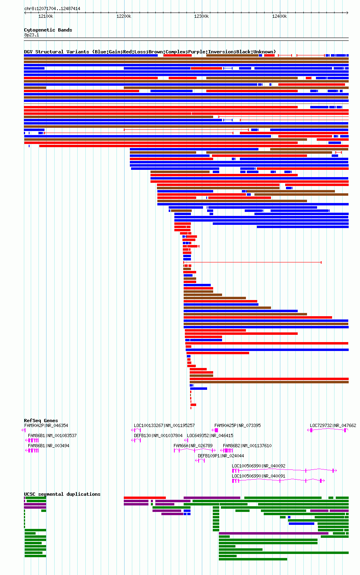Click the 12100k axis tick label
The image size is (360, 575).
[46, 17]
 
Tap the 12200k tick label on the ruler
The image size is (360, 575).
[124, 17]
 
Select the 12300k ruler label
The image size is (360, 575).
[201, 17]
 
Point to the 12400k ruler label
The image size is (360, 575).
[280, 17]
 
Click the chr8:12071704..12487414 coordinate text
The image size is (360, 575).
[52, 9]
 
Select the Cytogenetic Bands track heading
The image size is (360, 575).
[48, 30]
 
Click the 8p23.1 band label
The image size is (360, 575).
[32, 35]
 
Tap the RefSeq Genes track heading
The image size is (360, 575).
[41, 421]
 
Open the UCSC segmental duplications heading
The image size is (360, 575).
[62, 494]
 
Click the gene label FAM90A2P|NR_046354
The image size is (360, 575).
[46, 426]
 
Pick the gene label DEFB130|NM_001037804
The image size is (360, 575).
[158, 435]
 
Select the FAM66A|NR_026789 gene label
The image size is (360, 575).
[193, 446]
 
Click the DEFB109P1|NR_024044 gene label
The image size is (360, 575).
[221, 456]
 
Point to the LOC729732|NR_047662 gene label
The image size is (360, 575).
[333, 426]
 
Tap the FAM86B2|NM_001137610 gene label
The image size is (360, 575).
[247, 446]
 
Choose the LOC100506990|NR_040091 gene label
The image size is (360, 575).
[258, 476]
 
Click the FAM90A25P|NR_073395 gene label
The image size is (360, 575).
[237, 426]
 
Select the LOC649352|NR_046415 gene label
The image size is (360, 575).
[210, 435]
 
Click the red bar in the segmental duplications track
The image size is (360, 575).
[145, 498]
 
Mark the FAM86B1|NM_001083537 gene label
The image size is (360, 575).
[52, 435]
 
